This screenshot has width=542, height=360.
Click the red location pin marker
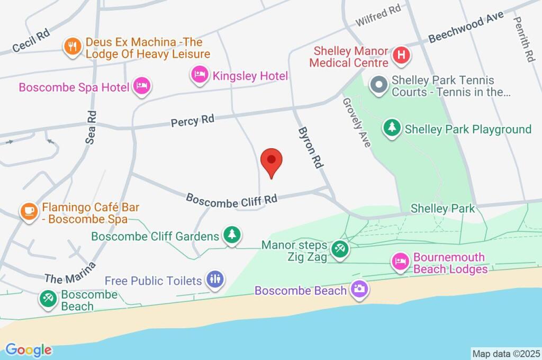pyautogui.click(x=272, y=161)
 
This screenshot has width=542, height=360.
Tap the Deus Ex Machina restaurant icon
pyautogui.click(x=71, y=47)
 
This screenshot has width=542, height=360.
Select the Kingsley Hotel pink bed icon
pyautogui.click(x=200, y=75)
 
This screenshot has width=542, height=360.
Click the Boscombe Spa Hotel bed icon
pyautogui.click(x=142, y=86)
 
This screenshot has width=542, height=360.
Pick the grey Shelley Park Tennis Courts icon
pyautogui.click(x=379, y=85)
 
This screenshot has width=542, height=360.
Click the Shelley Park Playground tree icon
pyautogui.click(x=392, y=128)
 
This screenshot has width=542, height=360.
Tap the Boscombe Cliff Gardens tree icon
pyautogui.click(x=231, y=236)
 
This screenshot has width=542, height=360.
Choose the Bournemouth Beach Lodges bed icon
pyautogui.click(x=400, y=262)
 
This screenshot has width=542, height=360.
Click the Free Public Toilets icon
pyautogui.click(x=215, y=280)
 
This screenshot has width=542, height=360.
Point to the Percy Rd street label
pyautogui.click(x=192, y=120)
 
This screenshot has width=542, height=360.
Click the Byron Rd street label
pyautogui.click(x=310, y=147)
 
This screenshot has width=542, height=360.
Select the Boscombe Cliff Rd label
pyautogui.click(x=232, y=199)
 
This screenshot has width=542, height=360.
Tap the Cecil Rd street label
pyautogui.click(x=32, y=39)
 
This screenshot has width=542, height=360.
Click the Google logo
pyautogui.click(x=29, y=349)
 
